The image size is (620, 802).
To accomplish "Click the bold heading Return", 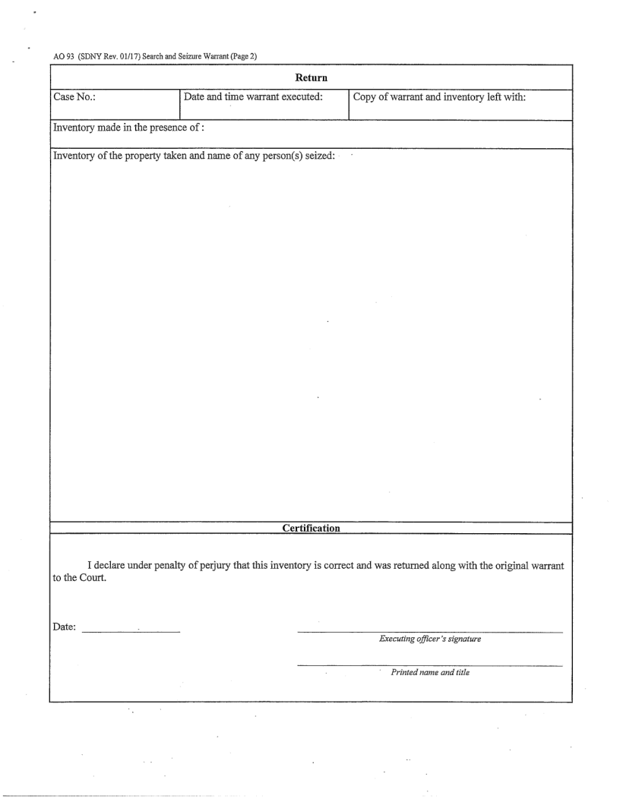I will point(311,77).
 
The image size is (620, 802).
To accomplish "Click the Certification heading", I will point(311,527).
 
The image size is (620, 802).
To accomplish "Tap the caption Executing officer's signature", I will point(430,640).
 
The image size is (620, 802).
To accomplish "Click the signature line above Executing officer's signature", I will point(430,632).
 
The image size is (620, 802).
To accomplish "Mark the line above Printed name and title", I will point(430,665).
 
